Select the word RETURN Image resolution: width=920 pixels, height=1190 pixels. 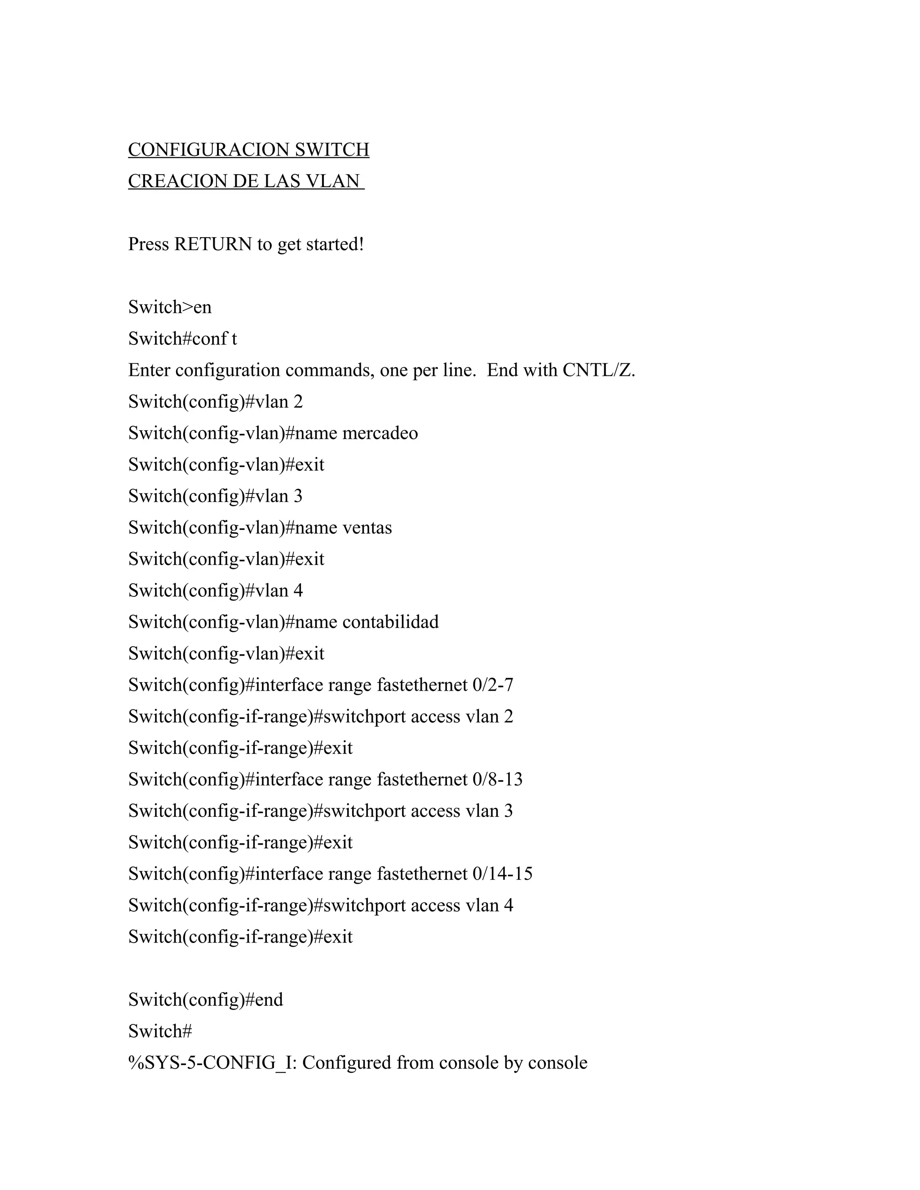[x=213, y=244]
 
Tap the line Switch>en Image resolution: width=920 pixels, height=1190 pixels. [x=169, y=307]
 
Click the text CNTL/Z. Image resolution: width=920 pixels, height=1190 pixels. [x=598, y=370]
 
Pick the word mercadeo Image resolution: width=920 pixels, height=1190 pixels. [x=380, y=433]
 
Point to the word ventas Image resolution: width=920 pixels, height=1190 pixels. [x=367, y=528]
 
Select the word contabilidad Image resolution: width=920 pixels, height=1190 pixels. [x=390, y=622]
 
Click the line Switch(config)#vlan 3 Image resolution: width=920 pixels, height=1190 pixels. [x=215, y=496]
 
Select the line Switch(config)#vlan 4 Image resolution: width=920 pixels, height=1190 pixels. [x=215, y=591]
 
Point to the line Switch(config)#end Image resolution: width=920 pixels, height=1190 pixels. [x=205, y=1000]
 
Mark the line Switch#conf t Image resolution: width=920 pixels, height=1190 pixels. [x=182, y=339]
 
